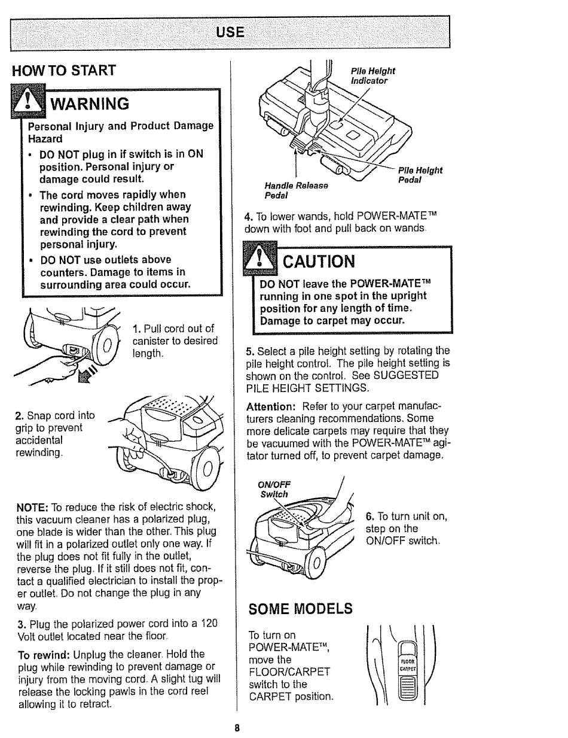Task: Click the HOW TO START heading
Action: click(x=63, y=71)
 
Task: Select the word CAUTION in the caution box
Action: click(x=319, y=262)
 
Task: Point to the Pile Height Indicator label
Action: click(x=373, y=75)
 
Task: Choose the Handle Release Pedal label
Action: click(x=297, y=190)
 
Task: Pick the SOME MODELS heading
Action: click(x=300, y=609)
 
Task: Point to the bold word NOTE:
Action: click(x=32, y=507)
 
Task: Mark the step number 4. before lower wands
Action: click(x=249, y=216)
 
